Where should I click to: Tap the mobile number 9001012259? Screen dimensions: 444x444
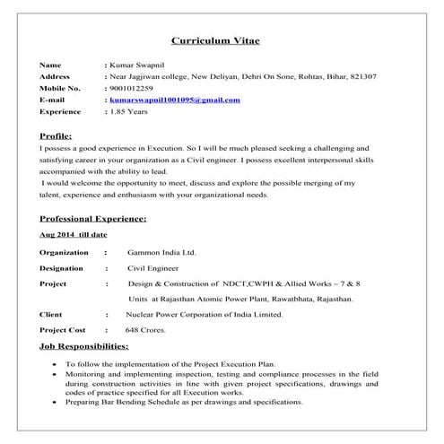point(132,89)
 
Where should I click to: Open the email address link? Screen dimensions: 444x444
point(174,100)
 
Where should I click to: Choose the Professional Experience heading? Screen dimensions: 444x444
point(93,218)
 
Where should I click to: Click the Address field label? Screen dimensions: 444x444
point(56,77)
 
